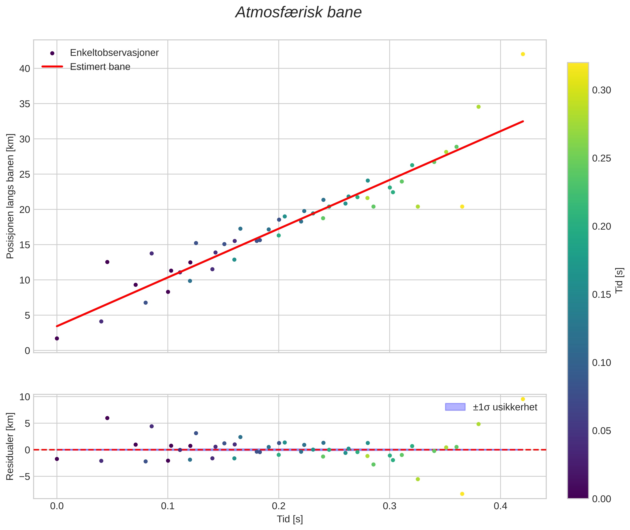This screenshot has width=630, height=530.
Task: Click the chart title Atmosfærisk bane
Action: pos(298,13)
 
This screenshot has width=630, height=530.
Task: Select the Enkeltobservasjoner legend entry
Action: pos(114,53)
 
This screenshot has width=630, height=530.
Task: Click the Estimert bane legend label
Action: pos(100,67)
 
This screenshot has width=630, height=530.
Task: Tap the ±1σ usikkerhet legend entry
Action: pos(505,407)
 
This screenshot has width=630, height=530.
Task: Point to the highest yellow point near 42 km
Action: pos(523,54)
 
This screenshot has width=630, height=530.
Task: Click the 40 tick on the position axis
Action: pos(25,69)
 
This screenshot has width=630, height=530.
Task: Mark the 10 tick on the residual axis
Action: pos(25,397)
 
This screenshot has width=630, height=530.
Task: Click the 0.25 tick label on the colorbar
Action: pos(601,158)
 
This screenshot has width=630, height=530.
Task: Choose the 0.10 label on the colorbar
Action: pos(601,363)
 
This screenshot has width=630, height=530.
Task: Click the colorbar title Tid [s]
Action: pos(619,280)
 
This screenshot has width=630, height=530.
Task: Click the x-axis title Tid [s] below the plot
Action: pos(290,519)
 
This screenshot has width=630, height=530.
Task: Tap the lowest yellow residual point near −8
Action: pos(462,494)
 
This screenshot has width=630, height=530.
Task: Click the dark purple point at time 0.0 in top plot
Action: pos(57,339)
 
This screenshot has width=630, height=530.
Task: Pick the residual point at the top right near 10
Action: pos(523,399)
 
